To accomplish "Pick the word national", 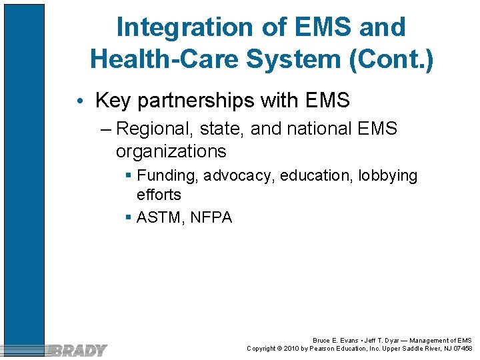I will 315,129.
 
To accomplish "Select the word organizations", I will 171,151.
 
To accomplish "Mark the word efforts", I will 159,195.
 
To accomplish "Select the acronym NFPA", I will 211,217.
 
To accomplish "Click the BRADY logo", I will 78,350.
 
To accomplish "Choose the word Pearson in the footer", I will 322,349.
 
